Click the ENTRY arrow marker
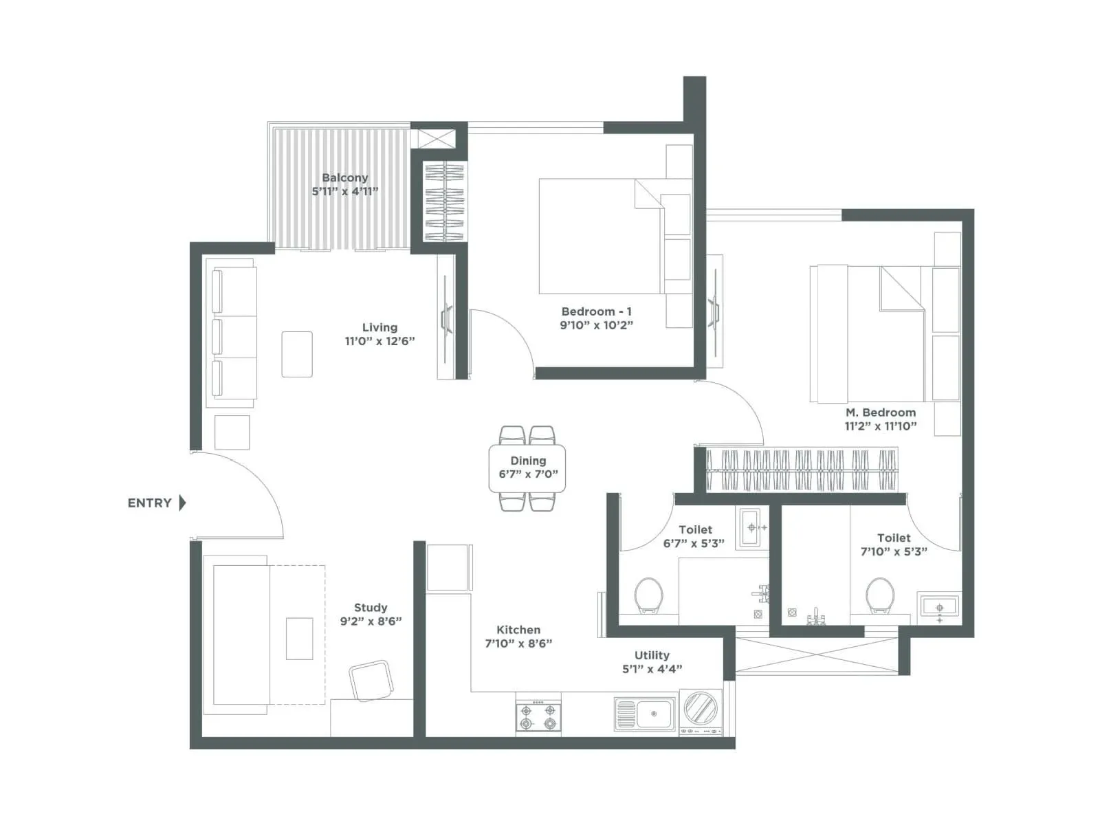(x=182, y=503)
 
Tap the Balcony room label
(x=344, y=177)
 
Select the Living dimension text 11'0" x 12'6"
(x=379, y=341)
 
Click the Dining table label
(x=528, y=461)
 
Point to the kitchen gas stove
(x=538, y=716)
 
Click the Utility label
(x=652, y=655)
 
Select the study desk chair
(x=371, y=681)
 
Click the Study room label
(x=371, y=608)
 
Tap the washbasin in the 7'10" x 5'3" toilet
(x=939, y=608)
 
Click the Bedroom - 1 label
(x=596, y=311)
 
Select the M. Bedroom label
(x=881, y=412)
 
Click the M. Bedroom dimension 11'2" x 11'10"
(x=881, y=426)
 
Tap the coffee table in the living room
(x=297, y=354)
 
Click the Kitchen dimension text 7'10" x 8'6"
(x=518, y=643)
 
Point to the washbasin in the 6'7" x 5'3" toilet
(x=752, y=528)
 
